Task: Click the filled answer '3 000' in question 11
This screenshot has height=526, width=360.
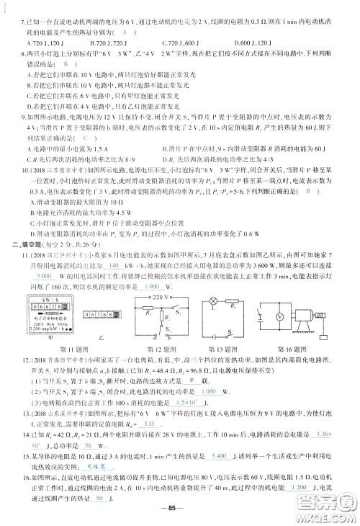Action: click(x=44, y=275)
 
